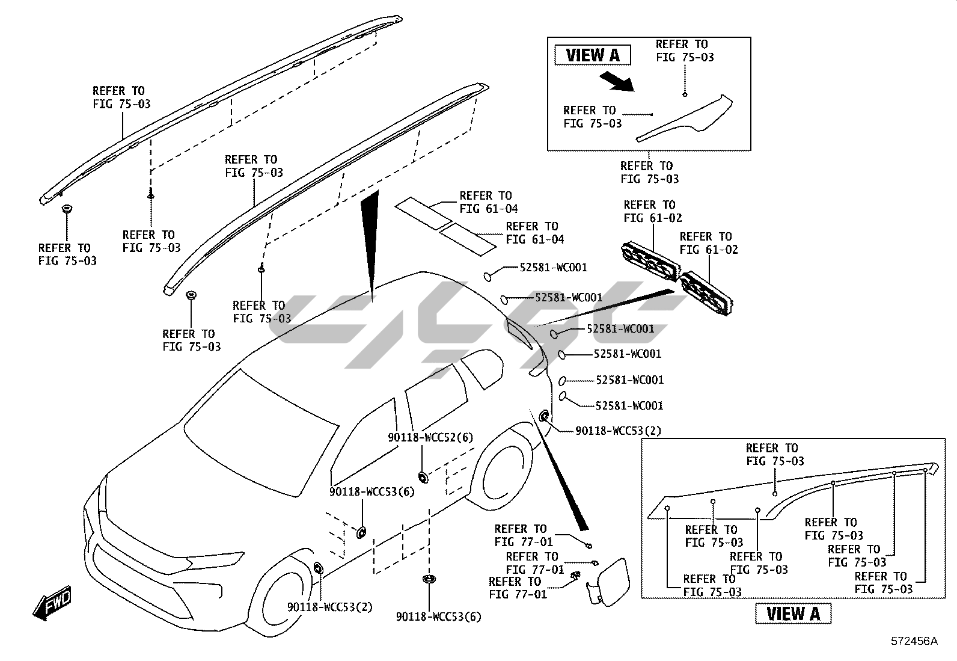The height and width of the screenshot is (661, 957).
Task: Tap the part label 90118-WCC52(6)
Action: (430, 438)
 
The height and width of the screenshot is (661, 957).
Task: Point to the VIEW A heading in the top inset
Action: (592, 55)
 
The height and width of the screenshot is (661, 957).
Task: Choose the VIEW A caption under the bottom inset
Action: (793, 613)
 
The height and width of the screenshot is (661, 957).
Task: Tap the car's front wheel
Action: (283, 601)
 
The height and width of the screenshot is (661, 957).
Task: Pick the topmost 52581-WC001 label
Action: (553, 268)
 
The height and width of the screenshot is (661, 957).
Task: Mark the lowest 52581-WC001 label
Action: (629, 406)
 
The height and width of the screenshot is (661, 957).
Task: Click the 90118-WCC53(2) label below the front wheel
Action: (329, 607)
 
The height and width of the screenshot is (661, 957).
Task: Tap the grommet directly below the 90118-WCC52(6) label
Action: (423, 477)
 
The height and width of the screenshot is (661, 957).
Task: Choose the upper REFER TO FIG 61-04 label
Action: (488, 202)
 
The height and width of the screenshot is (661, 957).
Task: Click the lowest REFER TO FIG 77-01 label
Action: (518, 588)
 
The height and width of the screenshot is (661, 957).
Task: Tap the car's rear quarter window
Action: (482, 368)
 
